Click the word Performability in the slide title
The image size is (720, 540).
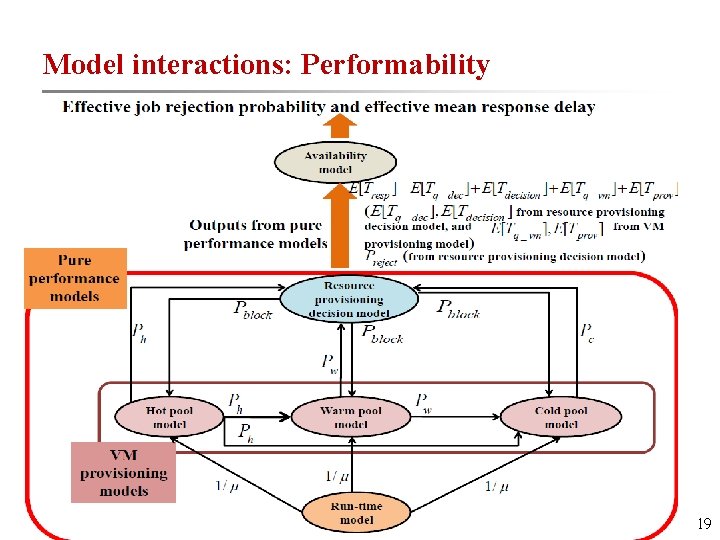(x=395, y=65)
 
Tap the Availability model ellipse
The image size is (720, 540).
(x=335, y=162)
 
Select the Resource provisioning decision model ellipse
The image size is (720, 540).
(x=348, y=298)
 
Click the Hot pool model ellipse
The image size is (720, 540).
(x=169, y=417)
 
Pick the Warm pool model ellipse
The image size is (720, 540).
(x=350, y=417)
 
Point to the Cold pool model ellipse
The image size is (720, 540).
(x=561, y=417)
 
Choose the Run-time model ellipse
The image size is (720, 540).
(x=356, y=513)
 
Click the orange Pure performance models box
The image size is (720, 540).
(x=76, y=278)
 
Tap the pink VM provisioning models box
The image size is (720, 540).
(x=123, y=472)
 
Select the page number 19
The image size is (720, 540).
(x=703, y=523)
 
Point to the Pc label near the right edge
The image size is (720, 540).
(x=586, y=331)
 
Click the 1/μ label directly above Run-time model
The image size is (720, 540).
(x=338, y=476)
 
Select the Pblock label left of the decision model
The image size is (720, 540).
(x=252, y=310)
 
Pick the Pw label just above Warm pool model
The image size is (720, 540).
(x=329, y=363)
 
